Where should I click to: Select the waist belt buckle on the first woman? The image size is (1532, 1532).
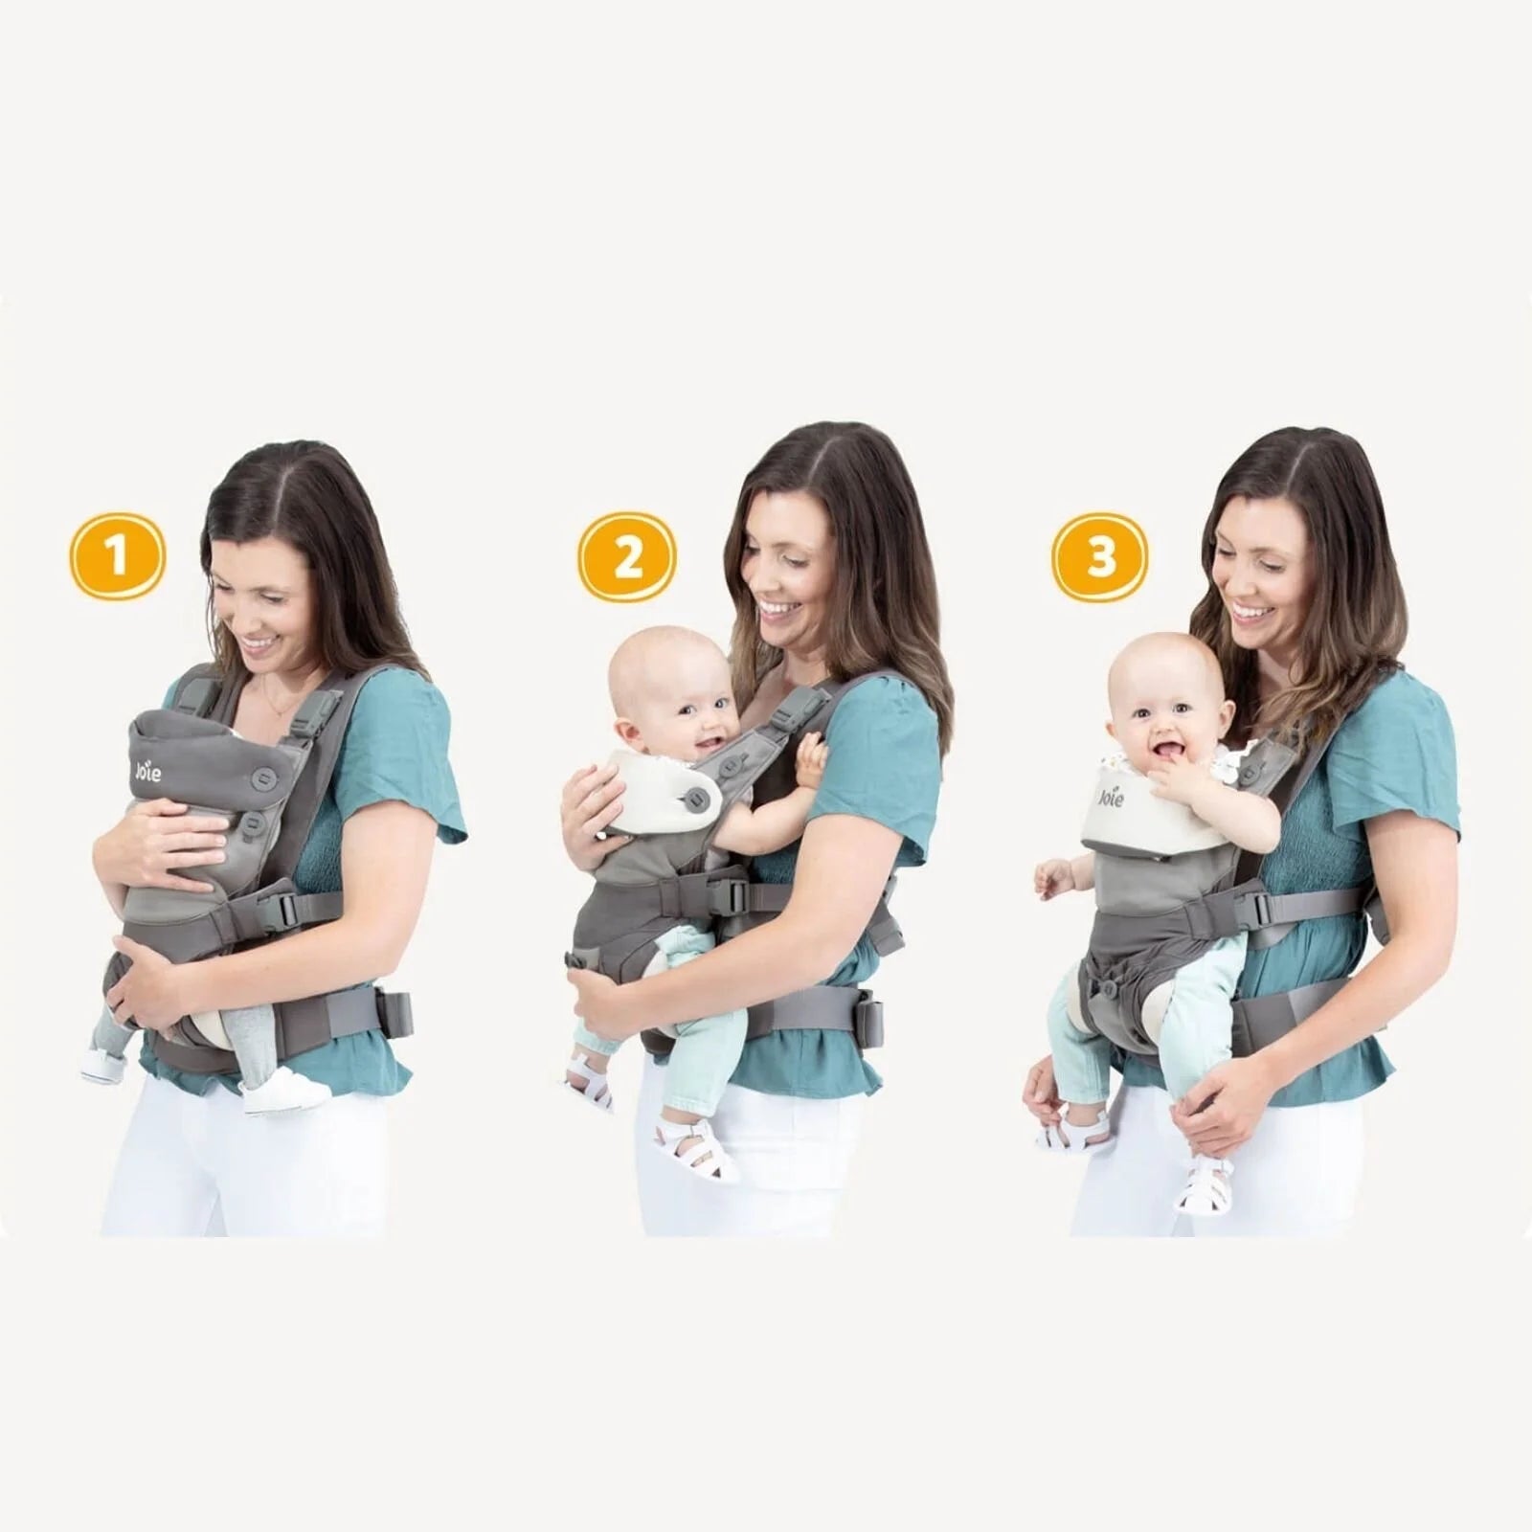point(394,1014)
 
